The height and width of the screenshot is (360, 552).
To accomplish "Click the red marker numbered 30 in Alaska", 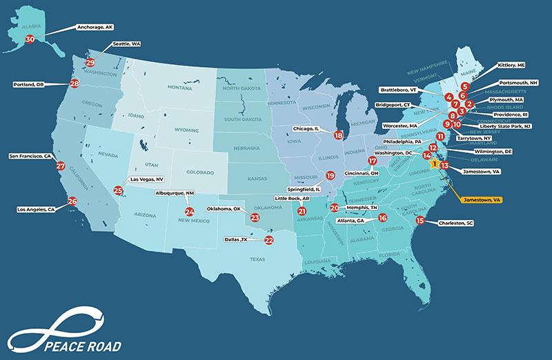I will pos(30,39).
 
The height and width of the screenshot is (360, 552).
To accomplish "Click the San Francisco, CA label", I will pos(31,156).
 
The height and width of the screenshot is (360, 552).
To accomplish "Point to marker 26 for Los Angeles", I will pos(72,201).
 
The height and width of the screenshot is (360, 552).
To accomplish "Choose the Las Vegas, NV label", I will pos(146,179).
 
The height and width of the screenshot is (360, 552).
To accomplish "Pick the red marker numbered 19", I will pos(330,175).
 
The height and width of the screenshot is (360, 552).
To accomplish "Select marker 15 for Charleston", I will pos(420,221).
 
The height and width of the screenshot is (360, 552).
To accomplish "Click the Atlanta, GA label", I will pos(351,221).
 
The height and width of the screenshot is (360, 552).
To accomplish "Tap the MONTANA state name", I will pos(179,88).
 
